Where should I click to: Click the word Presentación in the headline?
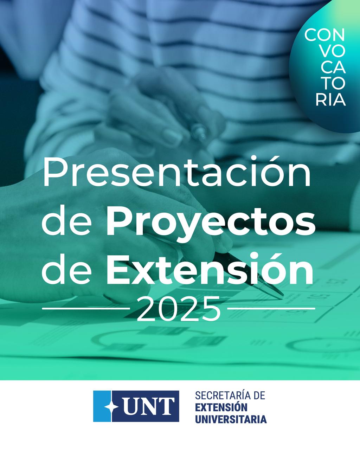pyautogui.click(x=177, y=171)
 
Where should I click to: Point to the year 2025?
pyautogui.click(x=179, y=309)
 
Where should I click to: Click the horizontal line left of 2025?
pyautogui.click(x=86, y=308)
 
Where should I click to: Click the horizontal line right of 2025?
pyautogui.click(x=271, y=308)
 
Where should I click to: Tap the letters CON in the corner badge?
pyautogui.click(x=324, y=35)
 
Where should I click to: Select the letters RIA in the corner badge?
pyautogui.click(x=330, y=100)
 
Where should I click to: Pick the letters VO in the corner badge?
pyautogui.click(x=332, y=51)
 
